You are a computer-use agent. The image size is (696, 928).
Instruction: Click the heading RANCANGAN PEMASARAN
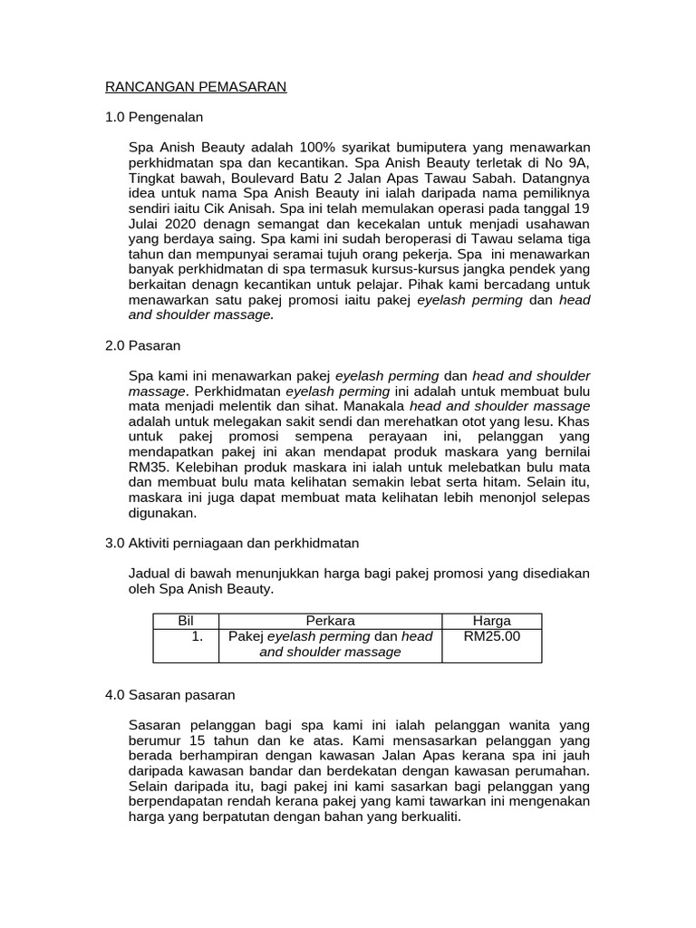pos(196,87)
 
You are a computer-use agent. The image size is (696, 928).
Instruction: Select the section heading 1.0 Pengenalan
pos(154,118)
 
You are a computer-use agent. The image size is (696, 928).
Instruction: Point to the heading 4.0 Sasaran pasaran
pos(170,695)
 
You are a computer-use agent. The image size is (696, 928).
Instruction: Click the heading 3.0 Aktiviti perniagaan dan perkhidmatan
pos(232,543)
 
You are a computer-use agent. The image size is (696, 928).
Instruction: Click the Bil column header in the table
pos(188,621)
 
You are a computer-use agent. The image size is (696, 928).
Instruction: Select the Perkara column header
pos(330,621)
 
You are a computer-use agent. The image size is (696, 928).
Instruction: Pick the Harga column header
pos(492,621)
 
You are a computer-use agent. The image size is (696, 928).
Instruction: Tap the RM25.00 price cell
pos(492,636)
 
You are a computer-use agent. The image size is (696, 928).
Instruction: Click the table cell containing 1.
pos(196,636)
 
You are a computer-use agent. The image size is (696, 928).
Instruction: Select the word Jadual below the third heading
pos(153,574)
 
